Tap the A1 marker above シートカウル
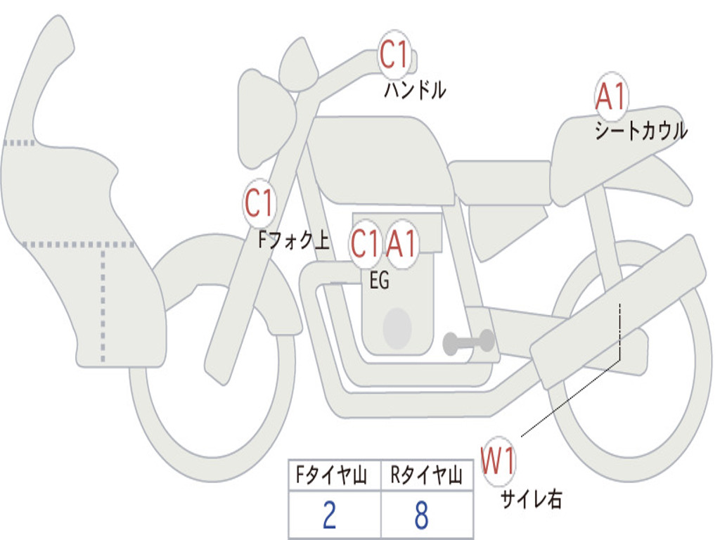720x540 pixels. tap(610, 97)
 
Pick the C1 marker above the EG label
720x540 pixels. tap(365, 244)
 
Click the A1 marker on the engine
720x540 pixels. tap(401, 244)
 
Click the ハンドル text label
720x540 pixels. tap(415, 90)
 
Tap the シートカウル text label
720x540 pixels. tap(641, 131)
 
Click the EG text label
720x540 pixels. tap(379, 281)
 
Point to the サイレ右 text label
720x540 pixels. tap(531, 499)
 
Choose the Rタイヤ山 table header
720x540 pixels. tap(426, 477)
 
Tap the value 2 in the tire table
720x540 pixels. tap(329, 515)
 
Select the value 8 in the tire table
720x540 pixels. tap(421, 515)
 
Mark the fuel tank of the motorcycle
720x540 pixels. tap(380, 158)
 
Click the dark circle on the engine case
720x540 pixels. tap(397, 328)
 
